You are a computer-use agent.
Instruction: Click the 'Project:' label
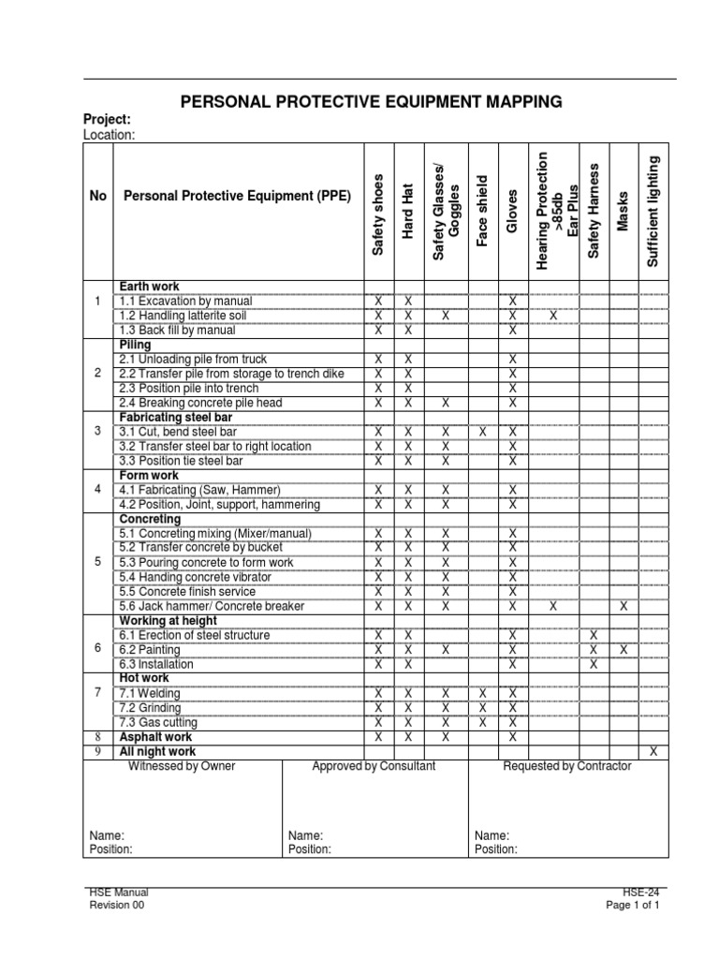coord(107,120)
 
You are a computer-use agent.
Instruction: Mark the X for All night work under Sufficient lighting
coord(653,751)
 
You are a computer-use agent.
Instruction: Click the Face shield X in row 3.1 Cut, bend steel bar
coord(482,432)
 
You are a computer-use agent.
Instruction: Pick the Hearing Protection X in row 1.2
coord(552,316)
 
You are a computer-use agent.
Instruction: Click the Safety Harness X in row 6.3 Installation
coord(593,664)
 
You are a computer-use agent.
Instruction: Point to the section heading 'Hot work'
coord(143,678)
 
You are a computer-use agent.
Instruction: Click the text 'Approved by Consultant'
coord(374,766)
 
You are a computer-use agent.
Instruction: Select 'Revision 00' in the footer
coord(117,906)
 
